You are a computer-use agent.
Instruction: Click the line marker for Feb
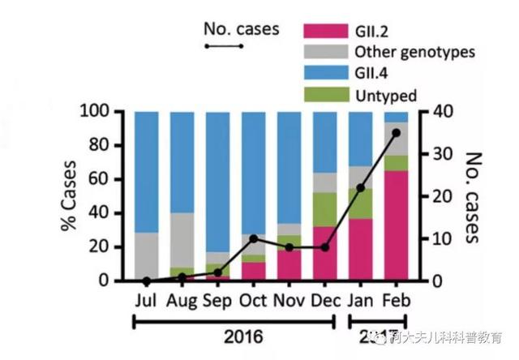pyautogui.click(x=396, y=132)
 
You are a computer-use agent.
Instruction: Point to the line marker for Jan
pyautogui.click(x=360, y=187)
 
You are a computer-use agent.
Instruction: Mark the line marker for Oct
pyautogui.click(x=254, y=238)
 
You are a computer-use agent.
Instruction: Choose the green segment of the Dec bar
pyautogui.click(x=324, y=209)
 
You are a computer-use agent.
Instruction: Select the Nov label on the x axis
pyautogui.click(x=290, y=300)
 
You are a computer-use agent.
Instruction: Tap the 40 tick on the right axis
pyautogui.click(x=437, y=112)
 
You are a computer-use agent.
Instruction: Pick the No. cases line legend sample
pyautogui.click(x=224, y=46)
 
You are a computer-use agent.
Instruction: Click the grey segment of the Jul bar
pyautogui.click(x=147, y=256)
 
